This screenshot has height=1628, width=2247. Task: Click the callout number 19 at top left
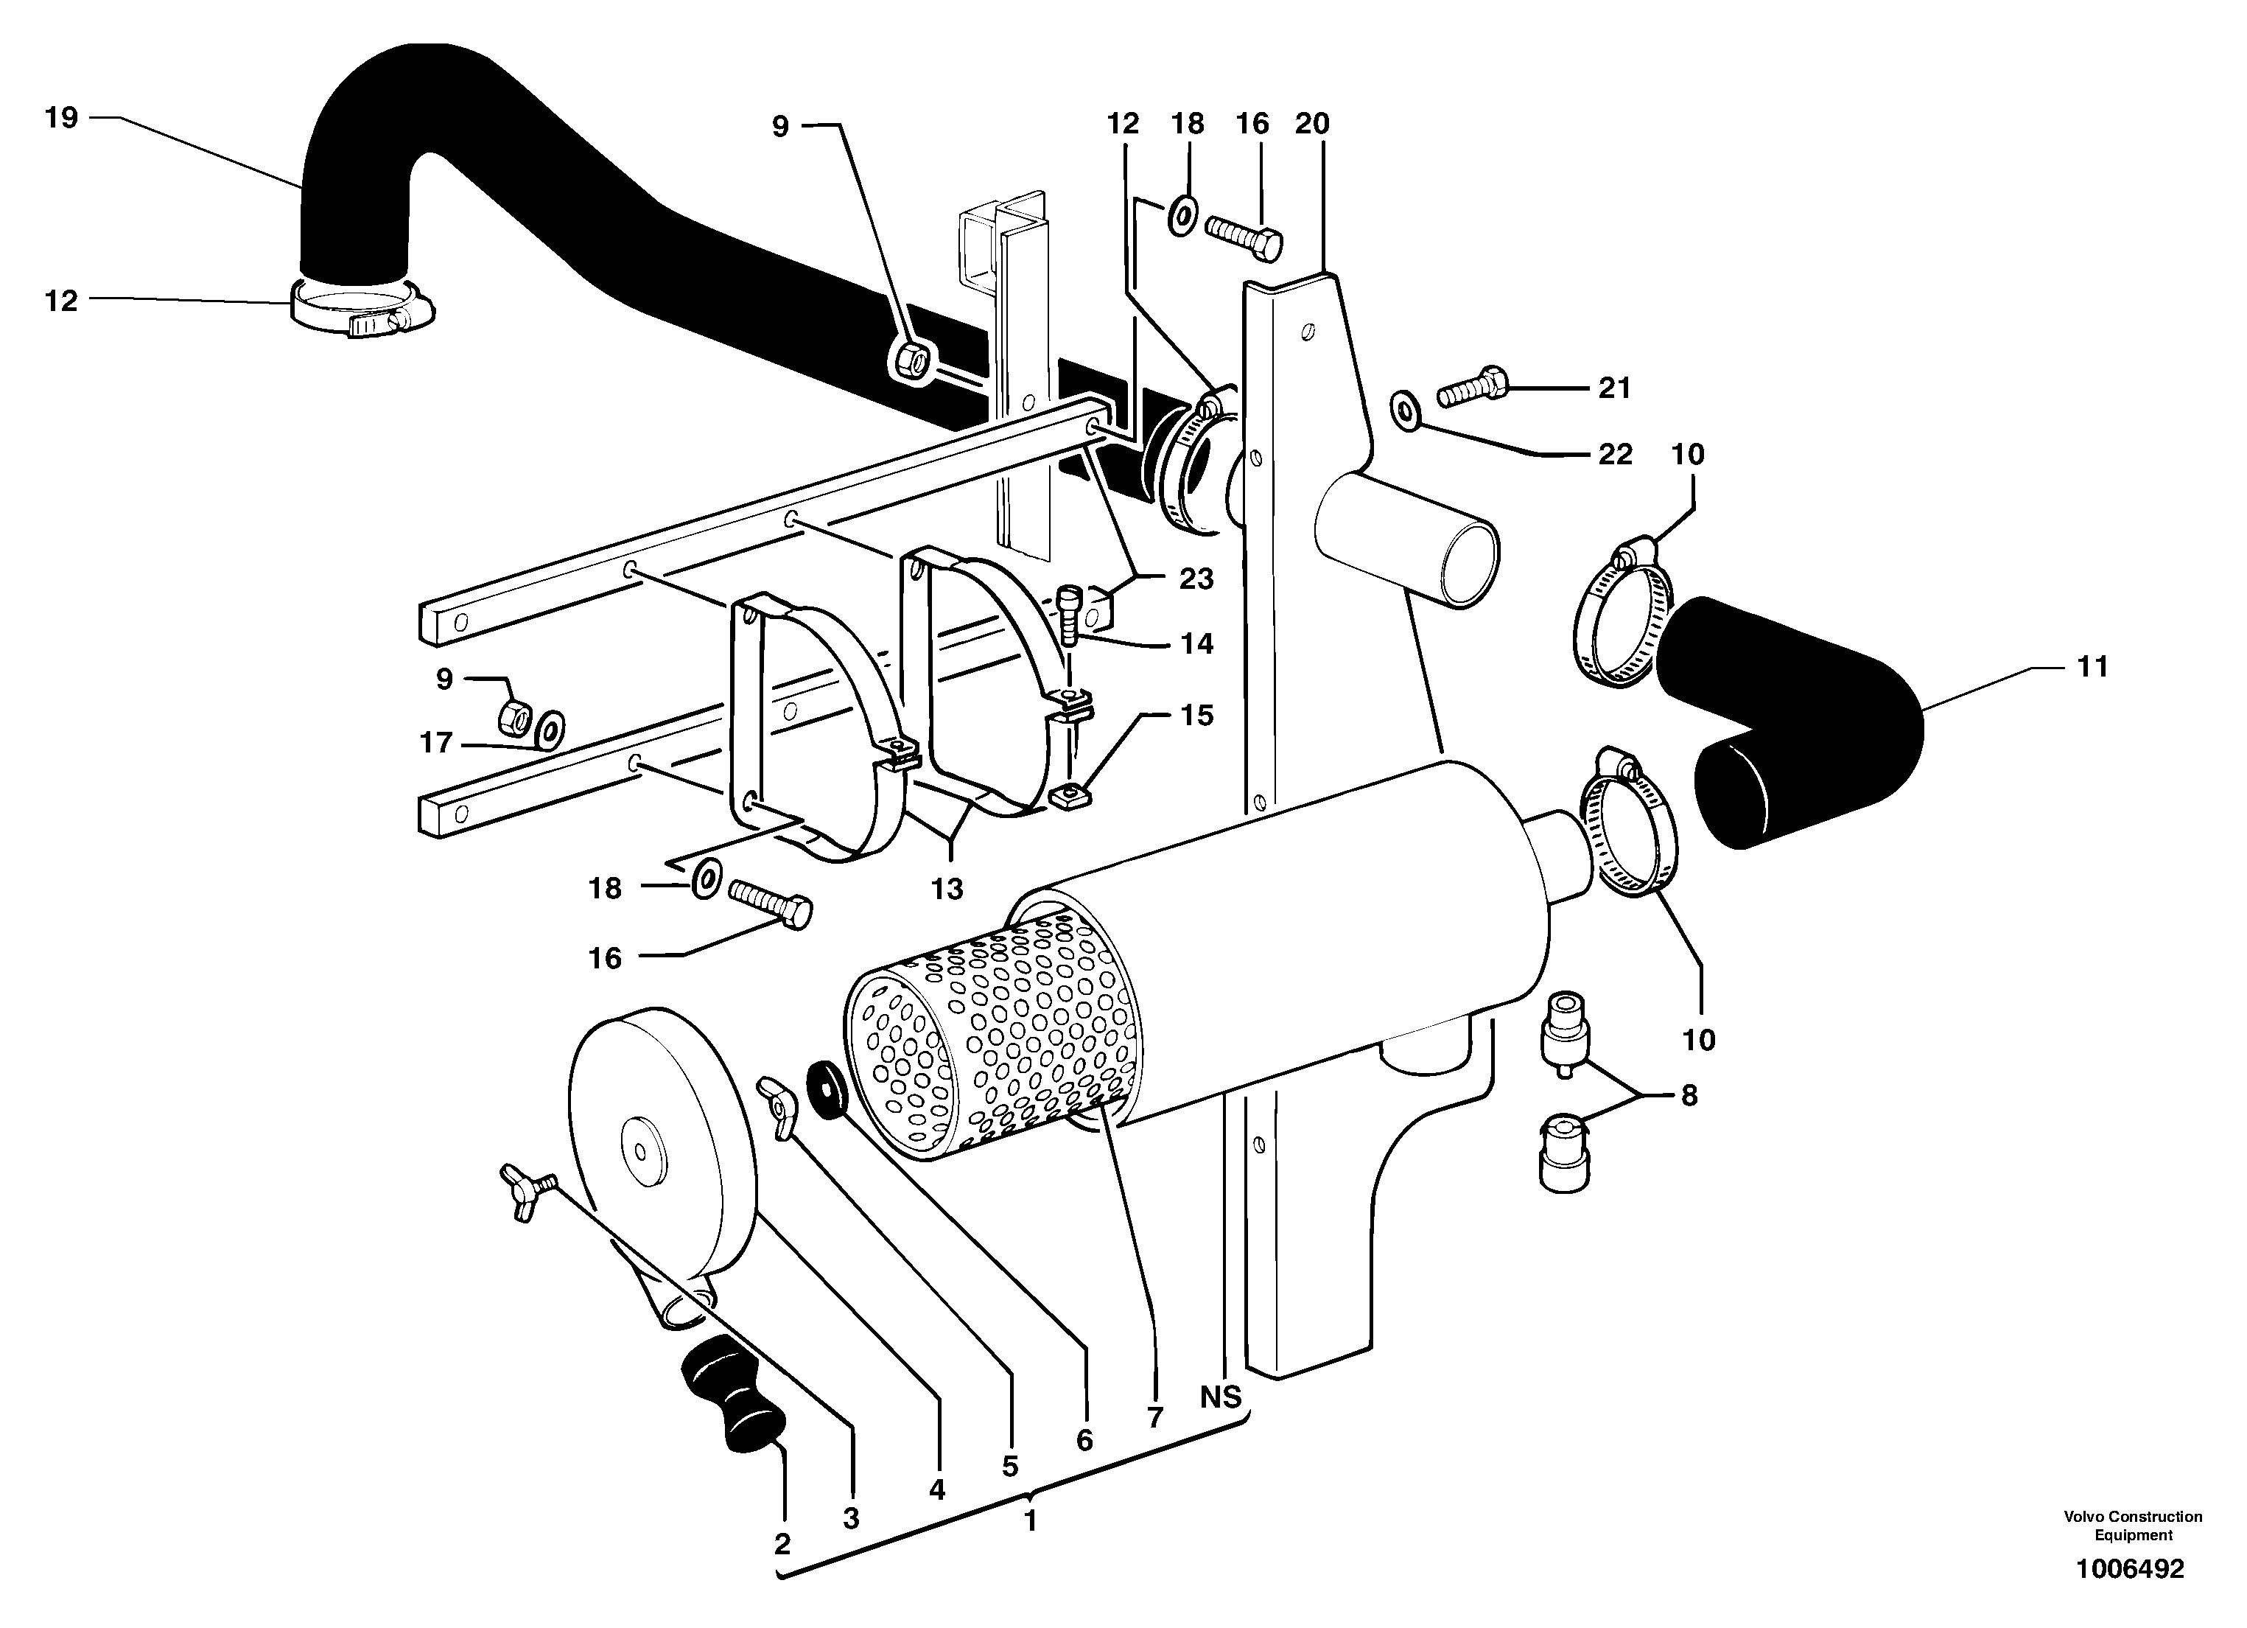tap(60, 118)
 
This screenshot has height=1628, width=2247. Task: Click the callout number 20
tap(1312, 124)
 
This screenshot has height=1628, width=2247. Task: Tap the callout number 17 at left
tap(436, 742)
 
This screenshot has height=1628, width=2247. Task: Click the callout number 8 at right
tap(1689, 1095)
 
